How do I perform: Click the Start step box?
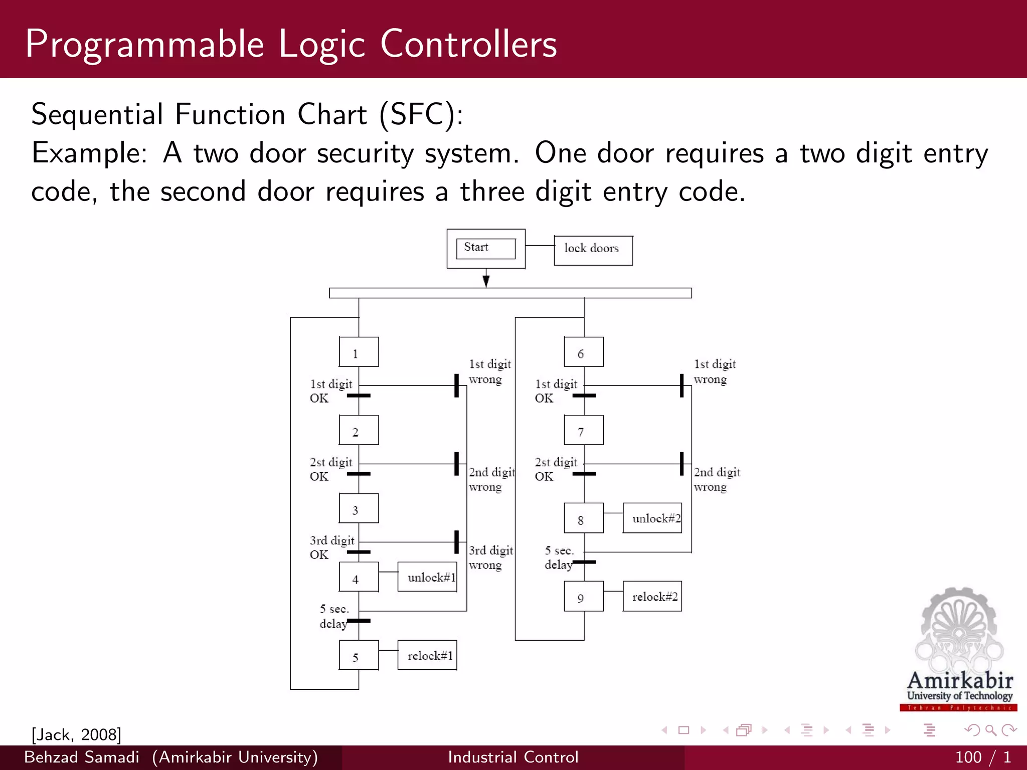485,249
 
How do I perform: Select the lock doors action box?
593,250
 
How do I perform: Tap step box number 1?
359,352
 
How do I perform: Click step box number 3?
359,508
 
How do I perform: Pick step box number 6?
583,352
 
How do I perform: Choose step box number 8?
583,518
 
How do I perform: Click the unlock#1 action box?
427,576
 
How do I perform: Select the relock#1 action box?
427,655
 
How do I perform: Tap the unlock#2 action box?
652,518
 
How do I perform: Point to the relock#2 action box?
652,596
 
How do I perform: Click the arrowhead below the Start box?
486,281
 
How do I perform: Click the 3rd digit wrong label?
490,557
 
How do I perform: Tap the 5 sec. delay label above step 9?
559,557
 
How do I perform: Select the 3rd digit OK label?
331,547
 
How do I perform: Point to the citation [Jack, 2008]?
76,734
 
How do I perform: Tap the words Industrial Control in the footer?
513,757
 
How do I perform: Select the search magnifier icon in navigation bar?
990,730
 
